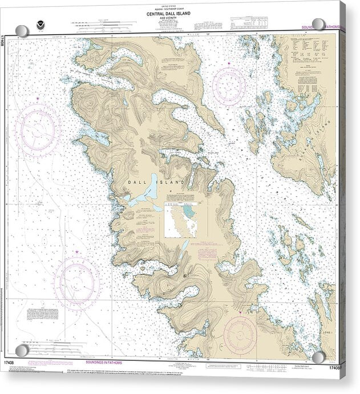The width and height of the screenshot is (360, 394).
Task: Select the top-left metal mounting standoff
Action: click(x=22, y=31)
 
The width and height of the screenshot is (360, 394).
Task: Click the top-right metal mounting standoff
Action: click(x=318, y=25)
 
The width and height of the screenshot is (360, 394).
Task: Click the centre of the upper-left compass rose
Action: click(x=38, y=131)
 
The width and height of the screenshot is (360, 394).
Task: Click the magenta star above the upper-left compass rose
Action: click(x=38, y=99)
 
